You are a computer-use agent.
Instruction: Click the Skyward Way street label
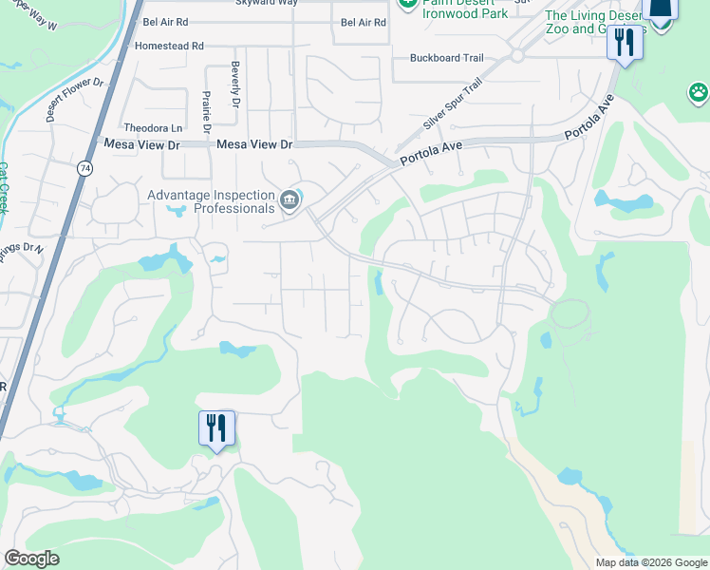(x=267, y=3)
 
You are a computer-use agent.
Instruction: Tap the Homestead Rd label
(x=170, y=45)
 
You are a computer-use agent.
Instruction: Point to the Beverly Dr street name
(x=234, y=85)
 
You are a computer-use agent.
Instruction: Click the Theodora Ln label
(x=152, y=128)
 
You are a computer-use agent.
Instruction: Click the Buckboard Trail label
(x=446, y=58)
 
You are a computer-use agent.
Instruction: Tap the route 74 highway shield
(x=84, y=166)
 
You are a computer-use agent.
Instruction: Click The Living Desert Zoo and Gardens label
(x=596, y=22)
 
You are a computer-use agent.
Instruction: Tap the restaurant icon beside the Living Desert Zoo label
(x=624, y=43)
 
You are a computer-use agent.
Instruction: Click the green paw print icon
(x=698, y=92)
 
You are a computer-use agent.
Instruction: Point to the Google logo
(x=31, y=559)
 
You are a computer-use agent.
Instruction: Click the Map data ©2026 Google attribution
(x=651, y=562)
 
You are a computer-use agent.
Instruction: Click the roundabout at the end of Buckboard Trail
(x=517, y=55)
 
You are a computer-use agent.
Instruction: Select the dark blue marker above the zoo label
(x=661, y=9)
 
